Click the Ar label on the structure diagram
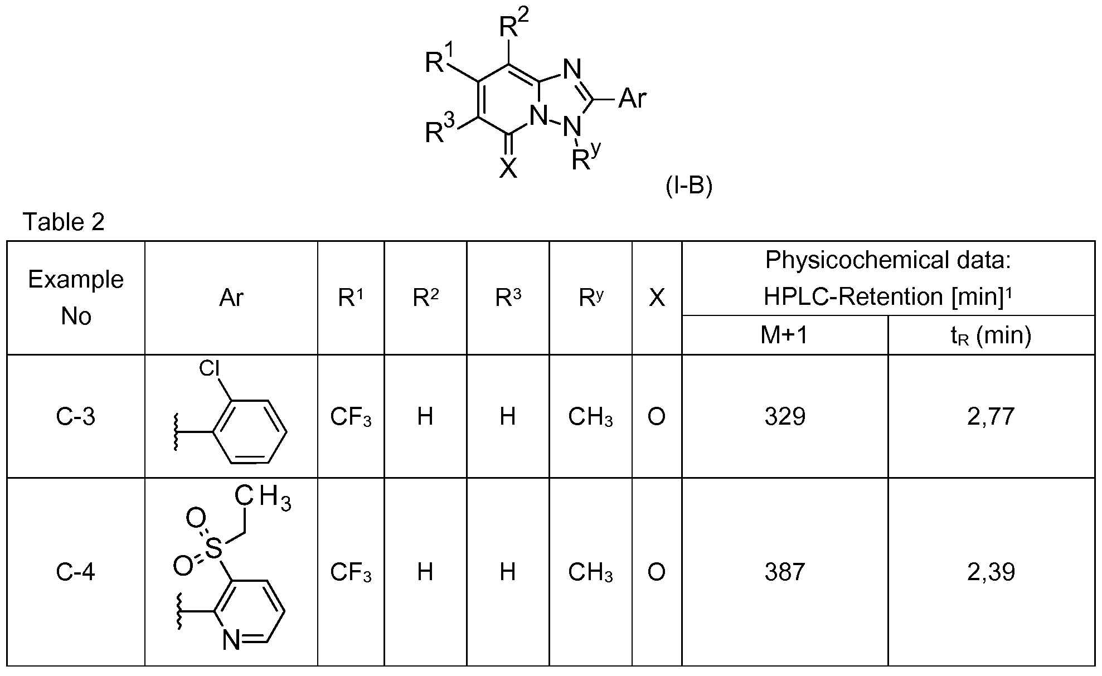[x=633, y=99]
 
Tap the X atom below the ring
[x=508, y=167]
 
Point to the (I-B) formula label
[x=689, y=187]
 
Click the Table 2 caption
[x=64, y=222]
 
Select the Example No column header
[x=76, y=298]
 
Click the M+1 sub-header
[x=784, y=335]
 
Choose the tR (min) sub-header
[x=991, y=335]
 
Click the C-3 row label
[x=76, y=416]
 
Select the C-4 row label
[x=76, y=572]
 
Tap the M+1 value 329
[x=785, y=416]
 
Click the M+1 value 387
[x=785, y=572]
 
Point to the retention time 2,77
[x=991, y=416]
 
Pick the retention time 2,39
[x=991, y=572]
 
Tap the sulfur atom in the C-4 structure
[x=212, y=548]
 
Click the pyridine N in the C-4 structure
[x=232, y=641]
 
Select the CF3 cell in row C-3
[x=351, y=417]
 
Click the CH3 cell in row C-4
[x=590, y=572]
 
